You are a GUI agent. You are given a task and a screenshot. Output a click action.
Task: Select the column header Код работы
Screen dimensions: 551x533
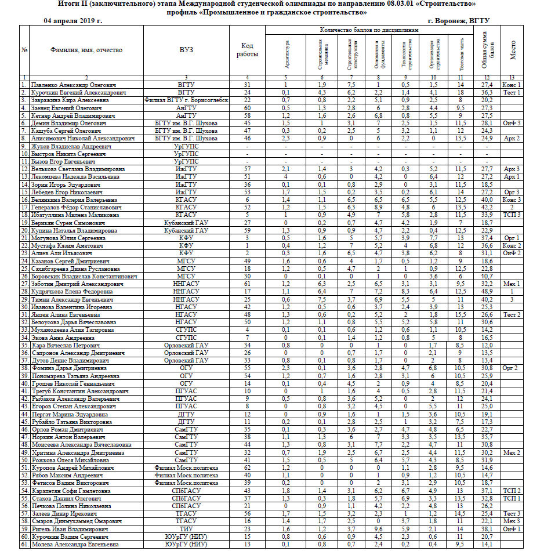247,50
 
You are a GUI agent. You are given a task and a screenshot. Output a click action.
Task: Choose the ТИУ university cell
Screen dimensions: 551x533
186,528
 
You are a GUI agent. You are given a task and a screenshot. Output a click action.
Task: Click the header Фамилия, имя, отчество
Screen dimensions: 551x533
86,50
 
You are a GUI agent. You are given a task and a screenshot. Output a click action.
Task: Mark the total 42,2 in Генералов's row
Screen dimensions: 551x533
487,207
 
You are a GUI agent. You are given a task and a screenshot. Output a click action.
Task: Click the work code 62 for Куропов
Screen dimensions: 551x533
247,467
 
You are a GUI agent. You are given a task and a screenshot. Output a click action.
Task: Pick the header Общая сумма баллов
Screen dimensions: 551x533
487,50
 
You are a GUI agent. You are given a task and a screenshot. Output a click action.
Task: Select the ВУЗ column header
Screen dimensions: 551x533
186,50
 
